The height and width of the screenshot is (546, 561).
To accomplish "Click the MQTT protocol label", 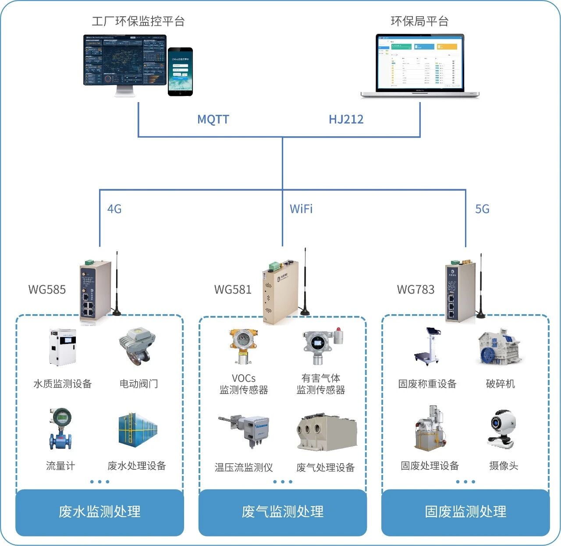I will coord(213,119).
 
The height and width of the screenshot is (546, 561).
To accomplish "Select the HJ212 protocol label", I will coord(346,119).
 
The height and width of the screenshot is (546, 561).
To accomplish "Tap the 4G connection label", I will coord(114,209).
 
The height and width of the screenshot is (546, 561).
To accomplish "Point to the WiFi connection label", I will coord(301,209).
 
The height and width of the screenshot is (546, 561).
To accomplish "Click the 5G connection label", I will coord(482,209).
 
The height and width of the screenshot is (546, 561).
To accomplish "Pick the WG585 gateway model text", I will coord(47,290).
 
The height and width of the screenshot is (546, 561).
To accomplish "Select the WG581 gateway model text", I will coord(233,290).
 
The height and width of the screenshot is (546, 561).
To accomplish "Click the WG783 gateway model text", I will coord(415,290).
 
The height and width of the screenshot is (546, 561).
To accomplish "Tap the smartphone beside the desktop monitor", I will coord(180,71).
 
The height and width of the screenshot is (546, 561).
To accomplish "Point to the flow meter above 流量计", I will coord(60,429).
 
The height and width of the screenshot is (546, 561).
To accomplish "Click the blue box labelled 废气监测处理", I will coord(283,512).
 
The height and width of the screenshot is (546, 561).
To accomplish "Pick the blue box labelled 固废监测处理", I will coord(465,512).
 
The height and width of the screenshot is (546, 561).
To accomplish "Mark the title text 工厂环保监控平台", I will coord(138,21).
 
